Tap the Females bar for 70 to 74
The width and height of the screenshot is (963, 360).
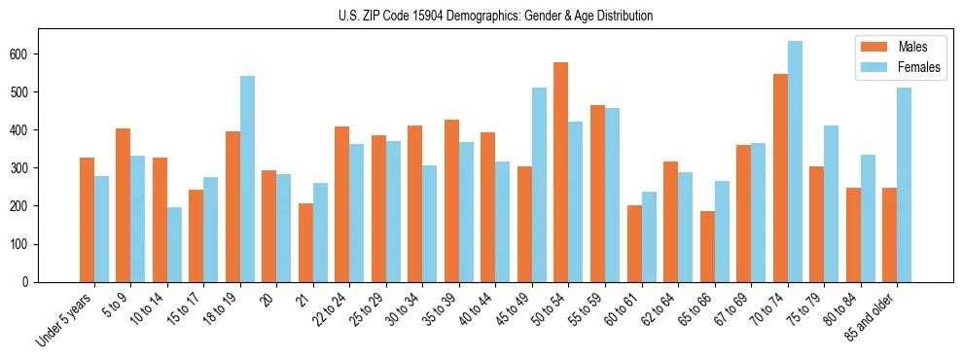[795, 162]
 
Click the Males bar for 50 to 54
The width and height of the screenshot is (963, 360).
[561, 172]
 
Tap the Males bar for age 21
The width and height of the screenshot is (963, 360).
[306, 242]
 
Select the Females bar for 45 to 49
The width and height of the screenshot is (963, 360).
[540, 185]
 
